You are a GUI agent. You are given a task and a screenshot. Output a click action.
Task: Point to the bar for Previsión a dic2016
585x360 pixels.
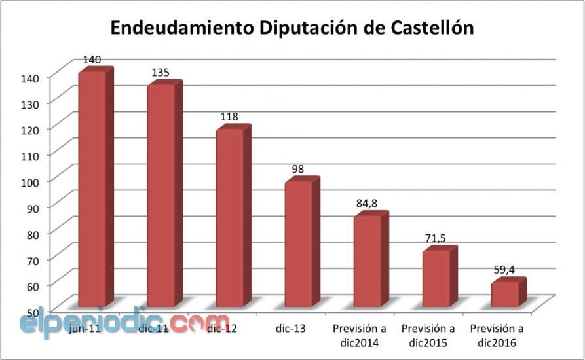click(504, 294)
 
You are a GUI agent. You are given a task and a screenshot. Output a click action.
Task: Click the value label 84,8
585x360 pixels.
click(366, 204)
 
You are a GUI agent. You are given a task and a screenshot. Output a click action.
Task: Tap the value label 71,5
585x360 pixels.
click(435, 238)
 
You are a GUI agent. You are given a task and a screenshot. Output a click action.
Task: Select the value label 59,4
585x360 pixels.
click(504, 268)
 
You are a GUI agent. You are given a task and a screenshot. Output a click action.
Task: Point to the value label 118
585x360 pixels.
click(229, 117)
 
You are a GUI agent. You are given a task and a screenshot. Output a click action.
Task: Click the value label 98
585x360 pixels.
click(297, 169)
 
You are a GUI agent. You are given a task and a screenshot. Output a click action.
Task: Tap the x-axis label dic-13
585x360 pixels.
click(292, 328)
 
